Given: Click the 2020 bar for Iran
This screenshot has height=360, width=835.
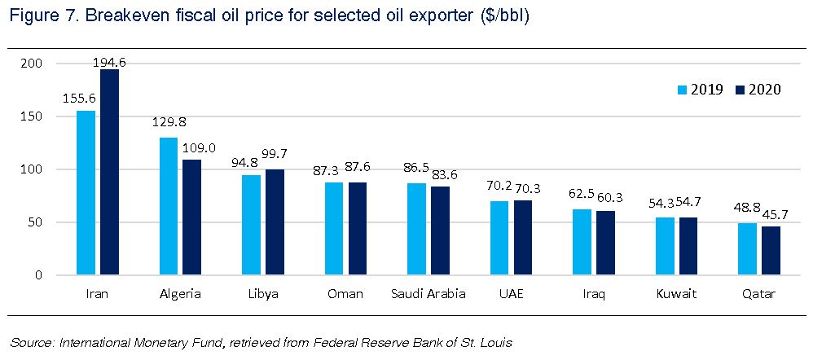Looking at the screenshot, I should [x=109, y=173].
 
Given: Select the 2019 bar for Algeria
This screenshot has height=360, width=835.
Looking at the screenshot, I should [x=169, y=207].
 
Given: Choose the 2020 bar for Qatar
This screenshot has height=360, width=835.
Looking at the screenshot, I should [x=771, y=251].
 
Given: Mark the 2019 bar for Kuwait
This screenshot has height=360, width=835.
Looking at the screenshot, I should [x=666, y=246].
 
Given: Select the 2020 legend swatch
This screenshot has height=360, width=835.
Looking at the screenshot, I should [x=741, y=90].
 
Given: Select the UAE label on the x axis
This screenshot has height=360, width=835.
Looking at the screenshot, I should [x=511, y=293].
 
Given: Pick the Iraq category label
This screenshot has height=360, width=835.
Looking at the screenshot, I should [x=594, y=293].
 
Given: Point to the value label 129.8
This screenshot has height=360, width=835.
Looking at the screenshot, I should [x=170, y=122].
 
